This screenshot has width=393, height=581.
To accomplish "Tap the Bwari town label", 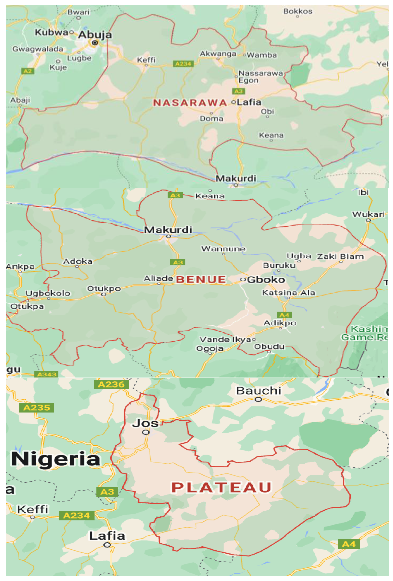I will [78, 12].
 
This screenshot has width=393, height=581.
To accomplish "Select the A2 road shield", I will [28, 71].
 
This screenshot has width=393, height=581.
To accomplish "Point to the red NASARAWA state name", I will [190, 103].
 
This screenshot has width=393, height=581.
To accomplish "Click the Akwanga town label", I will [218, 54].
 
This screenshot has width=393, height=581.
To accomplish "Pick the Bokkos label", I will [298, 11].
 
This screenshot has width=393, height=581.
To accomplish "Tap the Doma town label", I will [211, 118].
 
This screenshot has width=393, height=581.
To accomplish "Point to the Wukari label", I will [368, 214].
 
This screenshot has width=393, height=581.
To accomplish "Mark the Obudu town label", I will [269, 346].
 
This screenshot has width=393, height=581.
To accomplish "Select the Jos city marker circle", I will [146, 432].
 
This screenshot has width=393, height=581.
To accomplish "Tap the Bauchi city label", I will [259, 391].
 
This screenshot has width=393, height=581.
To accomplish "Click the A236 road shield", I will [111, 384].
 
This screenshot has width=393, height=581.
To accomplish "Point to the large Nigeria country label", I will [56, 459].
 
